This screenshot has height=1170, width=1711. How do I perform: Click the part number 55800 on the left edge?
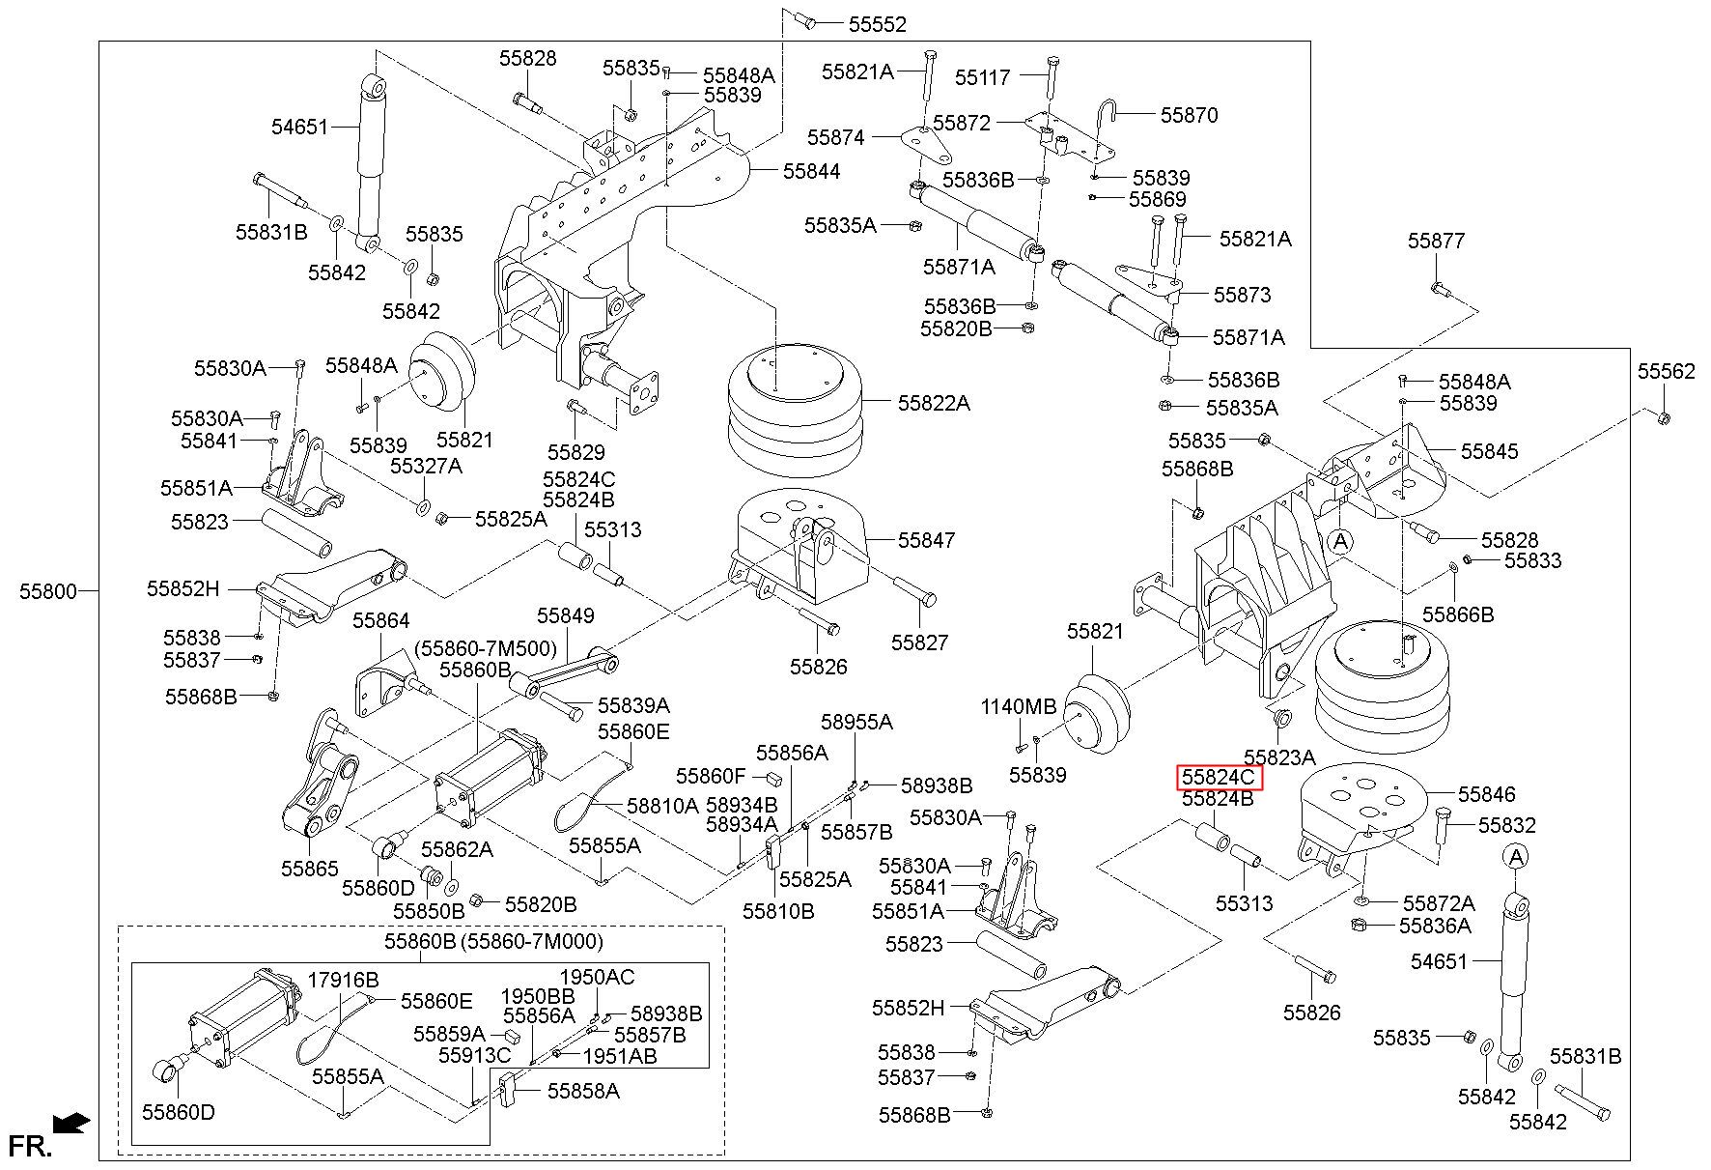(x=47, y=590)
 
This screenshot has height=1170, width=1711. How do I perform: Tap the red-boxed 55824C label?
(x=1219, y=778)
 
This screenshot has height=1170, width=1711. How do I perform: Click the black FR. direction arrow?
(x=71, y=1123)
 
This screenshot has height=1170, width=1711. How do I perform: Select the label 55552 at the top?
(x=878, y=25)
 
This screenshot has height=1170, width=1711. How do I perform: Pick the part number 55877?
(x=1436, y=241)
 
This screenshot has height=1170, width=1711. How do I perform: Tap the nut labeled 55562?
(x=1664, y=417)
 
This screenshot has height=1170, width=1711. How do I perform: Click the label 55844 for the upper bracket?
(x=811, y=171)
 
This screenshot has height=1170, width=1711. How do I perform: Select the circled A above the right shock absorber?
(x=1516, y=856)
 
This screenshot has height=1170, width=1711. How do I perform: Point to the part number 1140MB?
(x=1019, y=706)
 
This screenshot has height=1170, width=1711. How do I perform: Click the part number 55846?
(x=1487, y=794)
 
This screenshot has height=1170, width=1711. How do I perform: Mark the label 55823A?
(x=1279, y=756)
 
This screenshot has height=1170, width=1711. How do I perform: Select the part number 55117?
(x=983, y=76)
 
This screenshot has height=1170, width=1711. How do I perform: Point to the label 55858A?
(x=583, y=1091)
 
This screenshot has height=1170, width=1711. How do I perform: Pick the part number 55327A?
(x=426, y=466)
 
